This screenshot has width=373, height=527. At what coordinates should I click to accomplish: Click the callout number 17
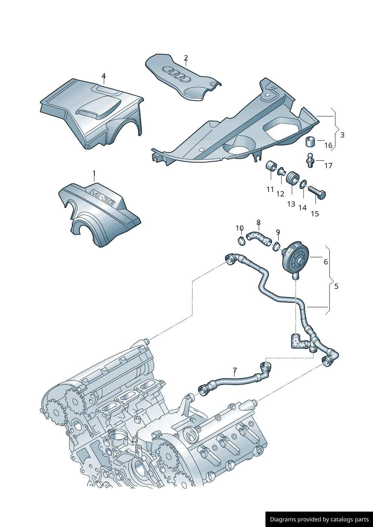point(328,166)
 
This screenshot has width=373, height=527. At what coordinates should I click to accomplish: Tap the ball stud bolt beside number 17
point(310,160)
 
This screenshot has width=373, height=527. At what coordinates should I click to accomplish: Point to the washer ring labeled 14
point(303,184)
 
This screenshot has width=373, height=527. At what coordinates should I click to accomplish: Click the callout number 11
point(270,190)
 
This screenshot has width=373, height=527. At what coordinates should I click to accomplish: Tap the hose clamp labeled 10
point(241,240)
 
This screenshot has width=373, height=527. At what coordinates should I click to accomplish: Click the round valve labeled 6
point(295,260)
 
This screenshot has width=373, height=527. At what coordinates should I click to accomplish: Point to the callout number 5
point(336,286)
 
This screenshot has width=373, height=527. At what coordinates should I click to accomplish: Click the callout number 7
point(235,370)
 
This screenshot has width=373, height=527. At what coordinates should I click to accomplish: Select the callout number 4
point(103,76)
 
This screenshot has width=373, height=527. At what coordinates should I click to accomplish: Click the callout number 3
point(342,135)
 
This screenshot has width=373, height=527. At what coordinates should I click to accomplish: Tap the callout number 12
point(280,194)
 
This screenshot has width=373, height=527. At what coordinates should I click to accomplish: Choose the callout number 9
point(278,232)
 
